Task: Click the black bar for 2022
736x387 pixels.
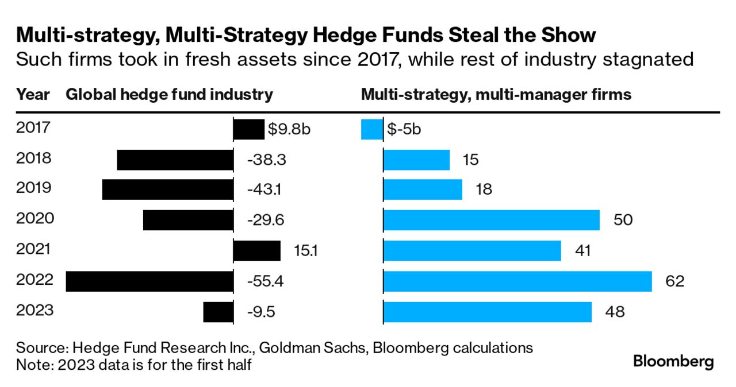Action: coord(149,281)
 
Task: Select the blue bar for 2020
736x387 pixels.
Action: coord(491,220)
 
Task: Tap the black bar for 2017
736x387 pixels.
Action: coord(248,129)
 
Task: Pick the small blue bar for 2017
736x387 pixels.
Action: coord(371,129)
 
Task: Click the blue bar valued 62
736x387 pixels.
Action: coord(517,281)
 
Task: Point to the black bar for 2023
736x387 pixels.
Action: coord(218,312)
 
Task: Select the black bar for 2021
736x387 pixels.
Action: coord(256,251)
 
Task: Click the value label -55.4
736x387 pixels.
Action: coord(266,281)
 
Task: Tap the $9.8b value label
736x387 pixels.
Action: coord(289,129)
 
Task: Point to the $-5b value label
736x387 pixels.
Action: coord(404,129)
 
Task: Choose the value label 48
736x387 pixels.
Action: coord(615,312)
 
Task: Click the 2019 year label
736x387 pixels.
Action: coord(34,188)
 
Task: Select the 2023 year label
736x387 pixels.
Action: coord(34,310)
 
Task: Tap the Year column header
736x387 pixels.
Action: coord(33,95)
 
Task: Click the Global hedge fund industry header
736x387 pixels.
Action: coord(169,95)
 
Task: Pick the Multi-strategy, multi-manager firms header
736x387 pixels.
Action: coord(496,95)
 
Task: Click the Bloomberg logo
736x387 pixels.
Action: coord(673,362)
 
